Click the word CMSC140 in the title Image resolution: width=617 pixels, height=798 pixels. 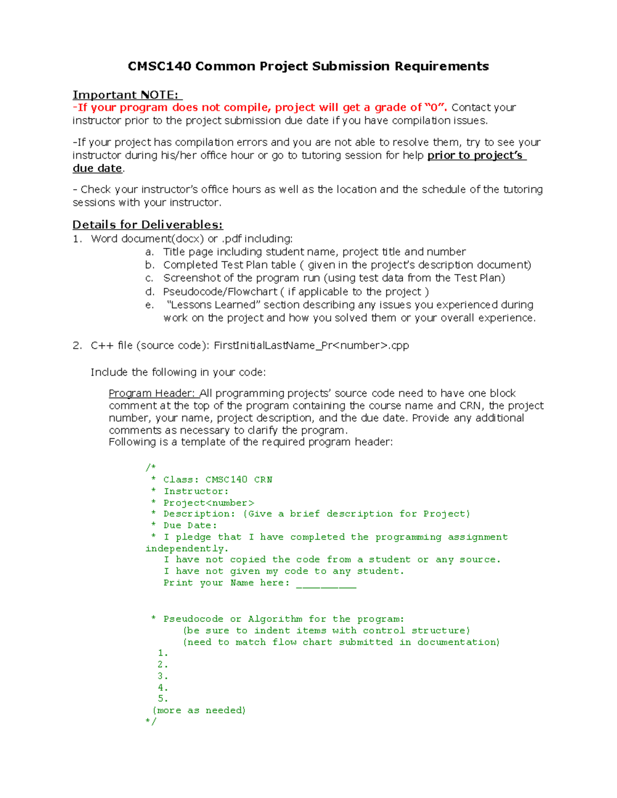pos(159,66)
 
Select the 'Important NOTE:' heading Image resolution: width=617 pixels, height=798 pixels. pos(126,95)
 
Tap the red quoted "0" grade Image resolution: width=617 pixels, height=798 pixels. pos(435,107)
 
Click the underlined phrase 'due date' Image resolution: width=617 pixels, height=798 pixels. pos(97,169)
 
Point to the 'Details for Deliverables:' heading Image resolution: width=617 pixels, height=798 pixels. pos(148,225)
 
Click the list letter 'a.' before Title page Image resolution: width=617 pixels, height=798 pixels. pos(150,252)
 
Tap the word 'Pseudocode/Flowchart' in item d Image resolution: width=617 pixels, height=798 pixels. pos(220,291)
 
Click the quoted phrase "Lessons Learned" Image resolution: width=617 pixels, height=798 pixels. pos(211,305)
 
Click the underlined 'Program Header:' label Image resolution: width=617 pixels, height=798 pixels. pos(153,393)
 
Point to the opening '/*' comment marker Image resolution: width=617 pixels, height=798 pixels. pos(150,467)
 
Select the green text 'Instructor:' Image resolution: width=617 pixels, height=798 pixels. pos(196,491)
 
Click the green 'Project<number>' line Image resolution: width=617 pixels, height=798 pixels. pos(208,503)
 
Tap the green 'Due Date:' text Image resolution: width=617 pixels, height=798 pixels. pos(190,525)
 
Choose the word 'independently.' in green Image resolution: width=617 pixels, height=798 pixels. pos(187,548)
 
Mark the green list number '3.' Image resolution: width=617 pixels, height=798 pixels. pos(162,676)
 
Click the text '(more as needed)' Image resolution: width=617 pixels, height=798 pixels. pos(199,710)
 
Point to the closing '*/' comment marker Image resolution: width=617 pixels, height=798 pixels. pos(151,721)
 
